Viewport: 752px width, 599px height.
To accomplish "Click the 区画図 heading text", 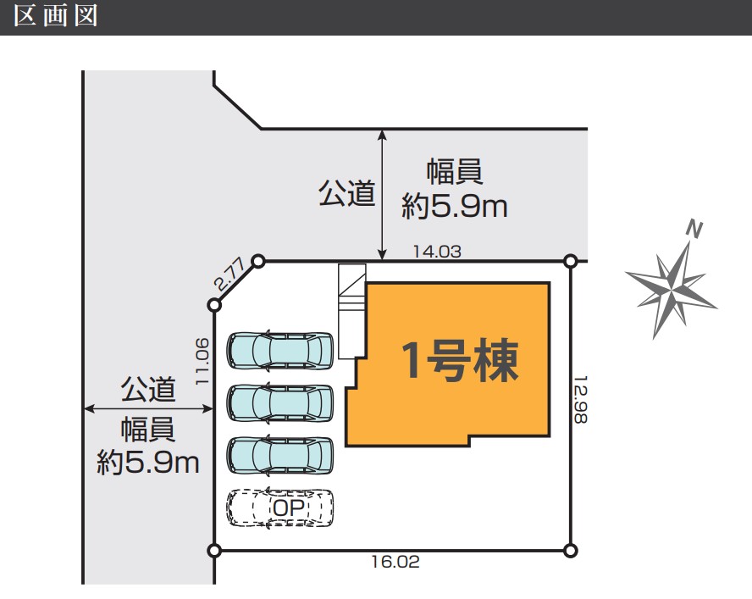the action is pos(56,15).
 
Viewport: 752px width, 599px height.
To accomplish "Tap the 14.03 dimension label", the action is pos(437,252).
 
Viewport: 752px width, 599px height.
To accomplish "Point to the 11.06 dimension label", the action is pos(202,361).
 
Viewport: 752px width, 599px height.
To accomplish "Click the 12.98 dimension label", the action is pos(581,399).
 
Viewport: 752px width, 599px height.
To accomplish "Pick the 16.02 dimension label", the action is pos(395,562).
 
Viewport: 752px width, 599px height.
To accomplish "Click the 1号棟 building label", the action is pos(460,360).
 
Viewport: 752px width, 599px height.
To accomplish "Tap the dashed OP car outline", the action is pos(280,507).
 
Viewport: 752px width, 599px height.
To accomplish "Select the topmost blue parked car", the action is pos(280,351).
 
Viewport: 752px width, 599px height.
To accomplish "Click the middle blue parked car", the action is pos(280,403).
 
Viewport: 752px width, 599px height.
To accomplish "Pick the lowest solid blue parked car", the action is pos(280,456).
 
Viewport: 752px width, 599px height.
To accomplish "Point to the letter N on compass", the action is pos(694,229).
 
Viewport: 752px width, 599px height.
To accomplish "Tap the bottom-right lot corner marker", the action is pos(570,550).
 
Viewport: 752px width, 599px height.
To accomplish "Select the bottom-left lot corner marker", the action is pos(214,550).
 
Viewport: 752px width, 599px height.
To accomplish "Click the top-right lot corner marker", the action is pos(570,262).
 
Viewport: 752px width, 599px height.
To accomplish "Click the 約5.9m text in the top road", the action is pos(454,207).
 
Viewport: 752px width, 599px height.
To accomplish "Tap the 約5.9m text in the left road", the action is pos(147,463).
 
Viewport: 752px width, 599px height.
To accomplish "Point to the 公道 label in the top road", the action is pos(346,193).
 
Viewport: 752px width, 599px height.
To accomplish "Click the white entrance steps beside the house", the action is pos(352,311).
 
